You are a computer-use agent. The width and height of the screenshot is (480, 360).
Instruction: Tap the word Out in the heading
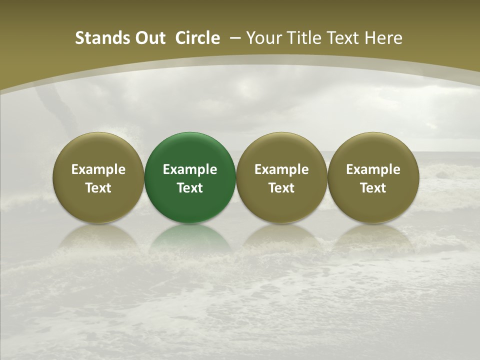coord(148,38)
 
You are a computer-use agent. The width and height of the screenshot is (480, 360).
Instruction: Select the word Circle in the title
coord(197,38)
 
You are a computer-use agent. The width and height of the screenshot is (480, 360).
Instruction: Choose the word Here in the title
coord(383,38)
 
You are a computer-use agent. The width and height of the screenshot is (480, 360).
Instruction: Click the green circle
coord(190,177)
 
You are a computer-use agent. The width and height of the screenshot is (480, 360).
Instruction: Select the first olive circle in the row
coord(98,177)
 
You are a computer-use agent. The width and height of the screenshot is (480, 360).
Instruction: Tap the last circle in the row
coord(373,177)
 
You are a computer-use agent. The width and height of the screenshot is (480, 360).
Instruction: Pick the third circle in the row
coord(281,177)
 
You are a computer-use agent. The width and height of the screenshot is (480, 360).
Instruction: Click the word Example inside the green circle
coord(190,169)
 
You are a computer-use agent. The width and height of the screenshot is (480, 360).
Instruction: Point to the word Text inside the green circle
coord(190,188)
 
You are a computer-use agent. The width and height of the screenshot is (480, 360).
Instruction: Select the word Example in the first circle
coord(98,169)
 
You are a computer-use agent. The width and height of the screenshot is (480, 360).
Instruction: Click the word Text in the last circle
coord(373,188)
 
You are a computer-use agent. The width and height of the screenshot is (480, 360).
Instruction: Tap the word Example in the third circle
coord(281,169)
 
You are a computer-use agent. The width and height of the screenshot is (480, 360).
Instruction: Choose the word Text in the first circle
coord(98,188)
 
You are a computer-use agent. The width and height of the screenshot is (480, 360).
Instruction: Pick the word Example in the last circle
coord(373,169)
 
